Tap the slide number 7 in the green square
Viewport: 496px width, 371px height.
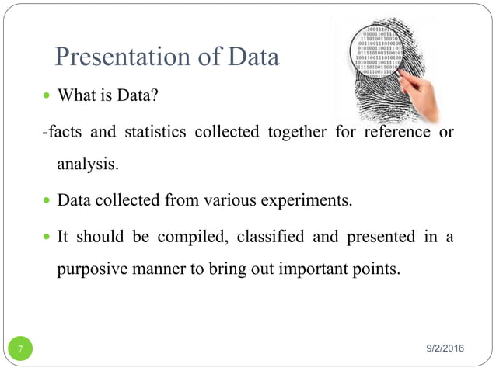coord(20,349)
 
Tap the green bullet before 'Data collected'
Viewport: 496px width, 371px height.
coord(47,202)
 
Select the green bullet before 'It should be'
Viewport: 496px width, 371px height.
coord(47,238)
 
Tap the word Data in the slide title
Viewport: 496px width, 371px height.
coord(250,57)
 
